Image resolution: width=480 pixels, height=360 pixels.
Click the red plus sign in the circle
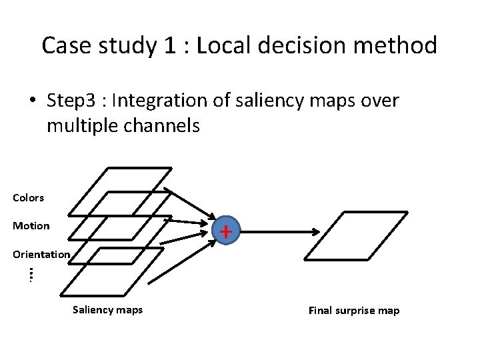pos(227,231)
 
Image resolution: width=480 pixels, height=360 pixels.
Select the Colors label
pos(28,197)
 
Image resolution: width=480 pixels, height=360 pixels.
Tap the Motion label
pos(31,225)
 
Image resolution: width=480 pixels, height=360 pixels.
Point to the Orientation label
pos(41,254)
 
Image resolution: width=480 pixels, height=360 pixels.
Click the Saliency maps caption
pos(107,309)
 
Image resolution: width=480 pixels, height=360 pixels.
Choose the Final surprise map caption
pos(353,311)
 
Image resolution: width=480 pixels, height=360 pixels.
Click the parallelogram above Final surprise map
pos(356,235)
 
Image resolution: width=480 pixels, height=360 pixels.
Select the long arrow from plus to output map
pos(280,232)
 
